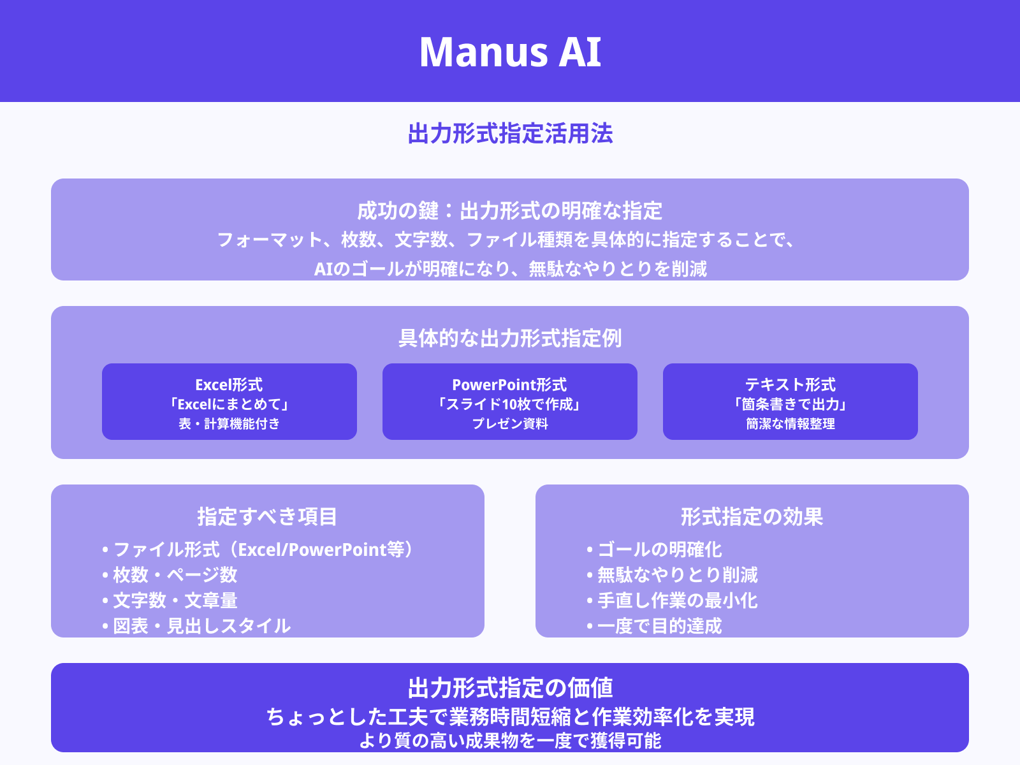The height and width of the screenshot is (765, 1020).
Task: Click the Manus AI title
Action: tap(510, 52)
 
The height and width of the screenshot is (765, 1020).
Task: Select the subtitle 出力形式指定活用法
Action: tap(510, 134)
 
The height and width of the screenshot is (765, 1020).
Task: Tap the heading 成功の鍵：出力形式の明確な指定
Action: tap(510, 211)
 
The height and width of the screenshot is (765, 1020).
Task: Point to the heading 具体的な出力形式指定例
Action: tap(510, 338)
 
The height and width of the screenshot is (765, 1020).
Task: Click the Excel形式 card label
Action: tap(229, 385)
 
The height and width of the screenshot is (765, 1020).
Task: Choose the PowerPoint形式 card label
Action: tap(509, 385)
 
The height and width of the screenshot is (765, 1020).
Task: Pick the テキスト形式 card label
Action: tap(790, 385)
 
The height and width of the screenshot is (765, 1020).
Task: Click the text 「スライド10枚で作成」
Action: tap(509, 404)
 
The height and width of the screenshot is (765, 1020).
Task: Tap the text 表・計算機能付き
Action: tap(229, 424)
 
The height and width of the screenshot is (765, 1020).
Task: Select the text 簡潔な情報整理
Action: tap(790, 424)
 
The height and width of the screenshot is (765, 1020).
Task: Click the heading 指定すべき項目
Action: tap(267, 516)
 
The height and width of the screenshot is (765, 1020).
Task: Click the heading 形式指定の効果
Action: tap(752, 516)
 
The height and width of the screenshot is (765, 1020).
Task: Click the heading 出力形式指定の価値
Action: tap(510, 688)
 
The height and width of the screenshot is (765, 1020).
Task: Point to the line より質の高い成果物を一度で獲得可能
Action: tap(510, 741)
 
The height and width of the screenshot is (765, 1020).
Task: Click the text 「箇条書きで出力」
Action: tap(790, 404)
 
